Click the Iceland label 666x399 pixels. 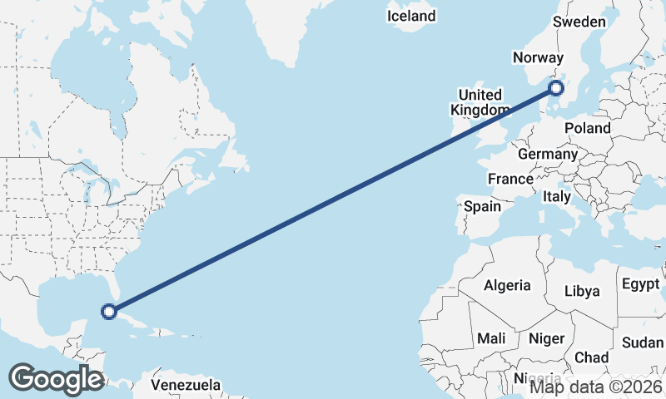coord(411,16)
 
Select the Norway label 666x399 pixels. coord(539,57)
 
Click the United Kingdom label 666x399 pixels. coord(480,102)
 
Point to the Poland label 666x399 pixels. coord(587,128)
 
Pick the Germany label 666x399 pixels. coord(547,154)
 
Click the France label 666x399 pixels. coord(510,179)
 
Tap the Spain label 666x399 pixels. coord(482,206)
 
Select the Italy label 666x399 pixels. coord(556,197)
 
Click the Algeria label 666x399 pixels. coord(507,285)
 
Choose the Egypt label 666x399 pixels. coord(640,284)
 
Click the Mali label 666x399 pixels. coord(490,338)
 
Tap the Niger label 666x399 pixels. coord(546,338)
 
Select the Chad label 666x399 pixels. coord(591,357)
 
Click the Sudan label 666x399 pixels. coord(643,342)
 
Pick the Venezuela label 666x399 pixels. coord(186,385)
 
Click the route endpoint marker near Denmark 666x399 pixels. coord(557,87)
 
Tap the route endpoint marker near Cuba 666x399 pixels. coord(108,312)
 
